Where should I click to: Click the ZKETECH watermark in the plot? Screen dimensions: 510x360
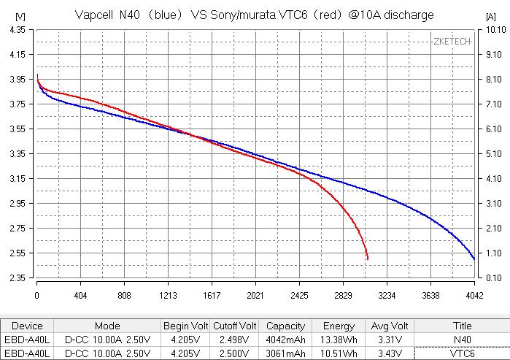coord(452,42)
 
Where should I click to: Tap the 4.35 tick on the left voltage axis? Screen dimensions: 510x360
coord(18,30)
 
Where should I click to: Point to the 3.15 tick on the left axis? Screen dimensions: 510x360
coord(18,179)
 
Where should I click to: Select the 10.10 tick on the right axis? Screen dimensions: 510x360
coord(495,30)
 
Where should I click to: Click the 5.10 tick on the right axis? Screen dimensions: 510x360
coord(494,154)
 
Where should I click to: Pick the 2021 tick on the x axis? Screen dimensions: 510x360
coord(255,296)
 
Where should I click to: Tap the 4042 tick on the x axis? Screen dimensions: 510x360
coord(474,296)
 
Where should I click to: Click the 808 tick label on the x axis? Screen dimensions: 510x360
coord(124,296)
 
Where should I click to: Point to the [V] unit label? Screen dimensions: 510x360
coord(20,16)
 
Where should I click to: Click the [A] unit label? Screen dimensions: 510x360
coord(490,17)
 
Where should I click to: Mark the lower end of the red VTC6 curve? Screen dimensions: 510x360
coord(368,259)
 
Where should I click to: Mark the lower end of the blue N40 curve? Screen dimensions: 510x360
coord(474,259)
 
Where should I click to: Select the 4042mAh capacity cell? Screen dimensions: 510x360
coord(285,340)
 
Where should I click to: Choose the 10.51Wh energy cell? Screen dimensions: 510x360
coord(339,353)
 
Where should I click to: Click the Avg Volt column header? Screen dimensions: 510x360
coord(390,326)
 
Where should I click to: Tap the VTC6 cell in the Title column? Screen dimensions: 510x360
coord(462,353)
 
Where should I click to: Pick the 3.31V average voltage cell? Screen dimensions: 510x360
coord(390,340)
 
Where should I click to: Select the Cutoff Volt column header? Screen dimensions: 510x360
coord(234,326)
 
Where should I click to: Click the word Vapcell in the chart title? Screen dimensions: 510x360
coord(94,15)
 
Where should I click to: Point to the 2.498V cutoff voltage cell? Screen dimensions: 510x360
coord(234,340)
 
